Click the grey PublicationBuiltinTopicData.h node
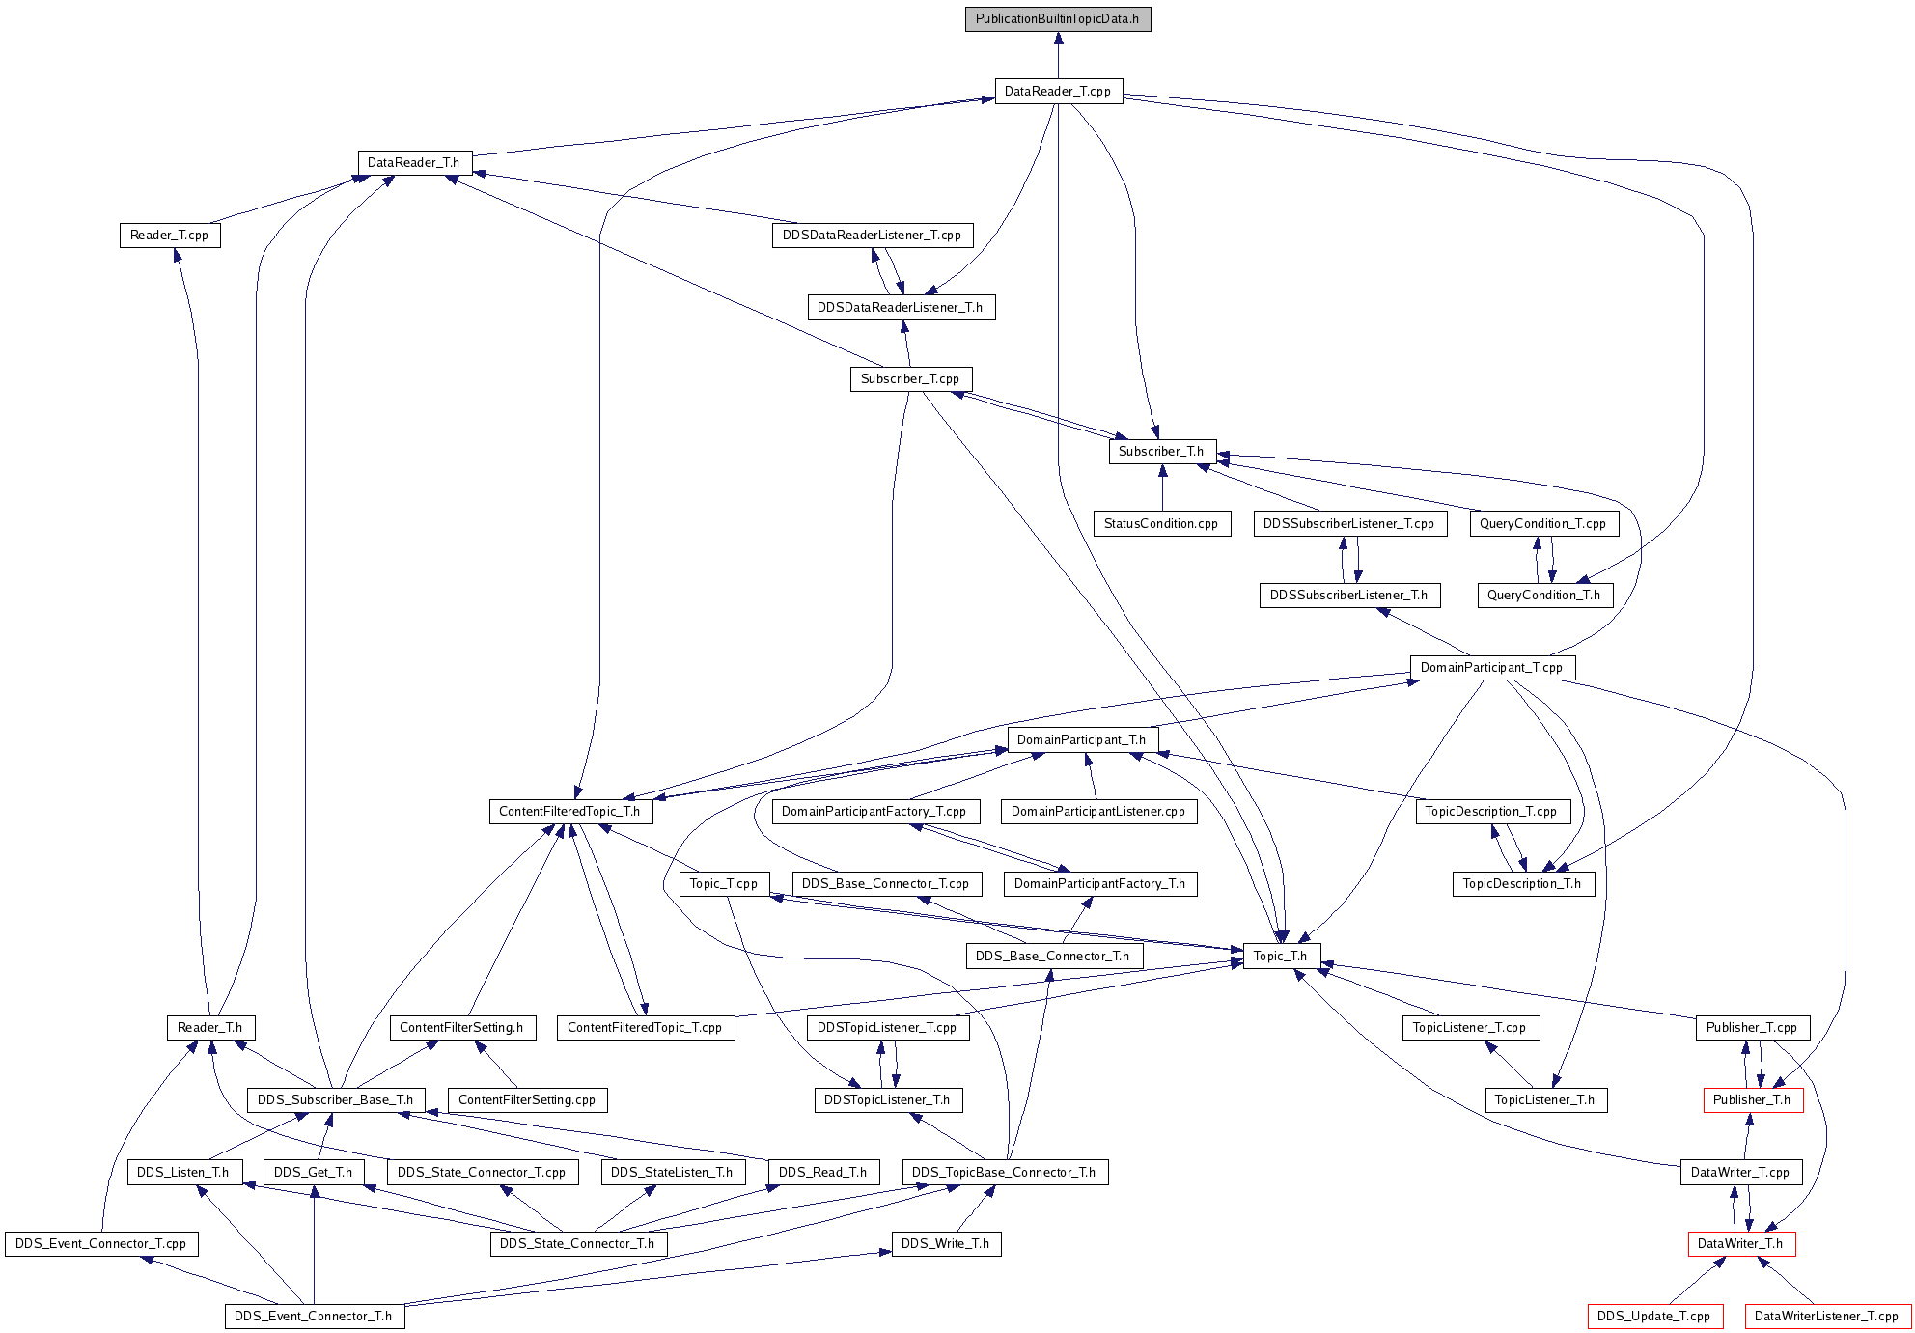pyautogui.click(x=1058, y=19)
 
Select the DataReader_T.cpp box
pyautogui.click(x=1059, y=92)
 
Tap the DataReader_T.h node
pyautogui.click(x=414, y=163)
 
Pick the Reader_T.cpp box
pyautogui.click(x=170, y=236)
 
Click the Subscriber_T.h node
pyautogui.click(x=1162, y=452)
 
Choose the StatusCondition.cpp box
pyautogui.click(x=1162, y=524)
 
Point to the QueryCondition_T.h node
pyautogui.click(x=1544, y=596)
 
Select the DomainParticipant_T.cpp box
pyautogui.click(x=1492, y=668)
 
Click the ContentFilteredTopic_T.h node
pyautogui.click(x=570, y=812)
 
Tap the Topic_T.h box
pyautogui.click(x=1281, y=957)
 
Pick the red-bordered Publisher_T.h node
pyautogui.click(x=1753, y=1100)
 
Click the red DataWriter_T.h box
pyautogui.click(x=1741, y=1244)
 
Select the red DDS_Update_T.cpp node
pyautogui.click(x=1654, y=1317)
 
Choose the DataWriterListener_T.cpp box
pyautogui.click(x=1827, y=1317)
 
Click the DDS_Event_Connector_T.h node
pyautogui.click(x=315, y=1317)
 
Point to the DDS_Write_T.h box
pyautogui.click(x=946, y=1244)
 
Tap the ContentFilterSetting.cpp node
pyautogui.click(x=528, y=1100)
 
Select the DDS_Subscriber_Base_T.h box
pyautogui.click(x=336, y=1100)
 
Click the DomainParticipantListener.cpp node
pyautogui.click(x=1099, y=812)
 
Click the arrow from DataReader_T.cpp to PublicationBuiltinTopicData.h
pyautogui.click(x=1059, y=56)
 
